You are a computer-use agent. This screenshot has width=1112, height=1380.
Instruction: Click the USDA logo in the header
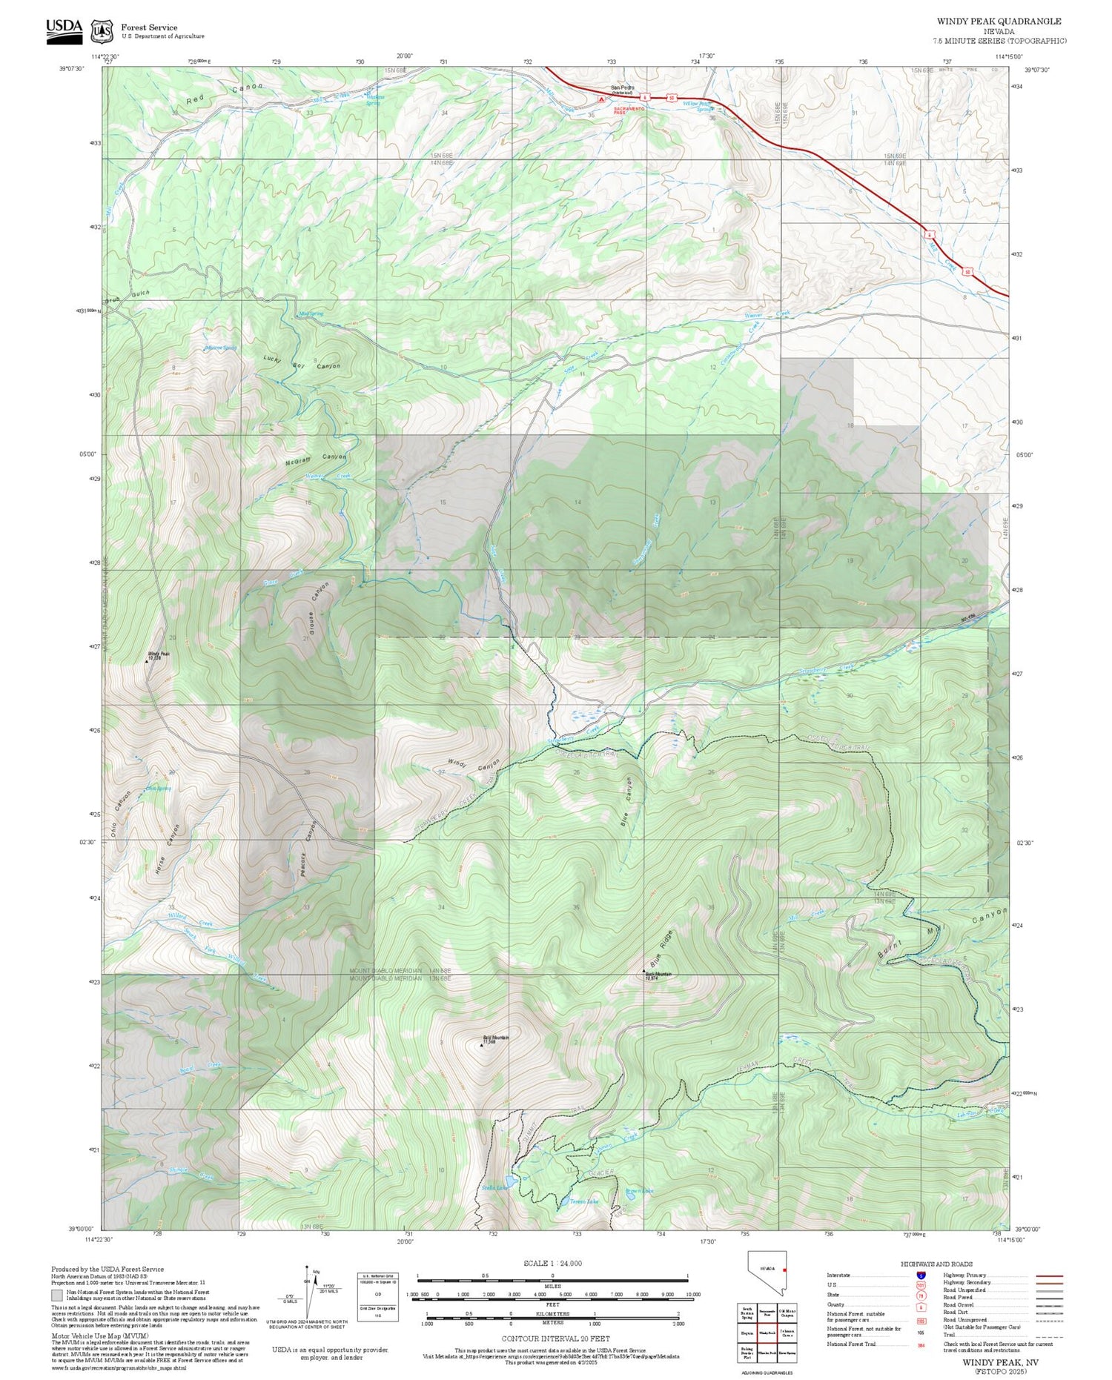(64, 30)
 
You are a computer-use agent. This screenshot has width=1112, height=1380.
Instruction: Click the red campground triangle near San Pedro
(601, 98)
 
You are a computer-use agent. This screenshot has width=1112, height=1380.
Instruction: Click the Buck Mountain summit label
(658, 975)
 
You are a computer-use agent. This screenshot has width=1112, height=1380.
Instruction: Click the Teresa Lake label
(583, 1201)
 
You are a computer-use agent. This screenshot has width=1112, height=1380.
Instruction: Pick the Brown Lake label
(639, 1191)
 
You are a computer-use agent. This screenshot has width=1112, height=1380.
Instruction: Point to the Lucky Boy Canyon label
(302, 362)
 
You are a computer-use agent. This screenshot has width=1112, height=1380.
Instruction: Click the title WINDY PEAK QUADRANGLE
(999, 21)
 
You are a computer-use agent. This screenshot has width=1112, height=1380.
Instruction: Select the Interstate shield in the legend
(921, 1275)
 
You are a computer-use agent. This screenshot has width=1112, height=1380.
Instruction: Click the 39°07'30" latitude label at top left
(72, 69)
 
